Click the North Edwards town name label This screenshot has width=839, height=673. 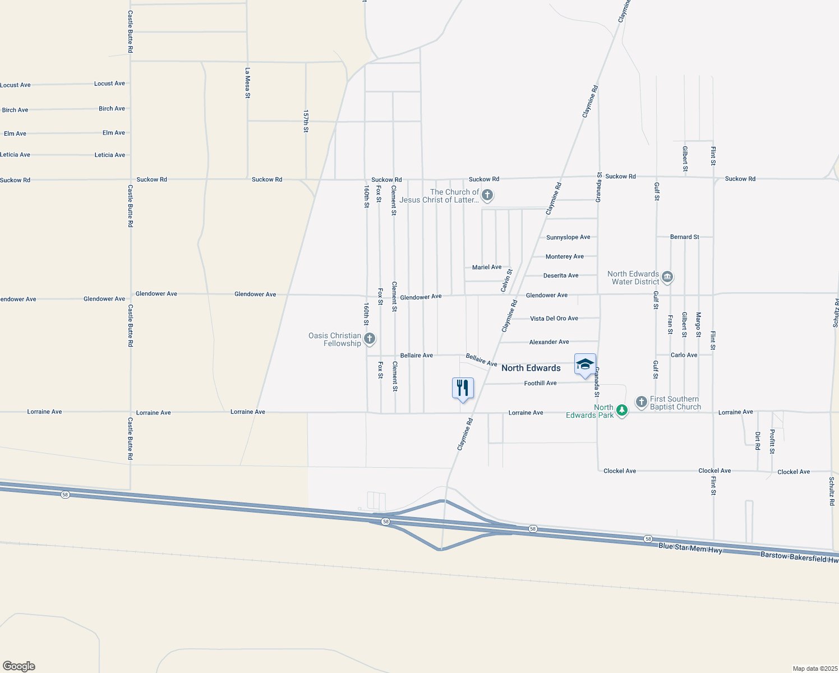tap(531, 368)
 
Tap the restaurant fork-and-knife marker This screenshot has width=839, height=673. tap(463, 388)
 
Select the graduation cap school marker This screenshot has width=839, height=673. tap(585, 365)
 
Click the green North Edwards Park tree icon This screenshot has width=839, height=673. tap(621, 411)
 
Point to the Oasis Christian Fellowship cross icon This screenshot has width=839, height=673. tap(369, 339)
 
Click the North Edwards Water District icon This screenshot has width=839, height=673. tap(667, 277)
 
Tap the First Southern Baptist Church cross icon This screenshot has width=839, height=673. tap(642, 402)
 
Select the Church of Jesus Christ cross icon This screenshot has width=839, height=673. tap(487, 195)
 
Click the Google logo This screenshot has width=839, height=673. tap(19, 666)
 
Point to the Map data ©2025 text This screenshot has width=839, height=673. tap(814, 669)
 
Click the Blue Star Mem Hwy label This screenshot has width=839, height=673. tap(690, 548)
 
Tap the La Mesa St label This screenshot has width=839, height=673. tap(247, 83)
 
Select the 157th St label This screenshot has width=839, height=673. tap(306, 121)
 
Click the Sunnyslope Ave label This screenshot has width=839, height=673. tap(568, 237)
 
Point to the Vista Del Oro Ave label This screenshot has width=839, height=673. tap(554, 319)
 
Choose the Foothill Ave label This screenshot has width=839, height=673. tap(540, 383)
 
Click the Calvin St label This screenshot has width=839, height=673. tap(506, 280)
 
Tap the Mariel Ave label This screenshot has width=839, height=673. tap(487, 268)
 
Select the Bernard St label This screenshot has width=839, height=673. tap(684, 237)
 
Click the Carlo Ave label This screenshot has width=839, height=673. tap(684, 355)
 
